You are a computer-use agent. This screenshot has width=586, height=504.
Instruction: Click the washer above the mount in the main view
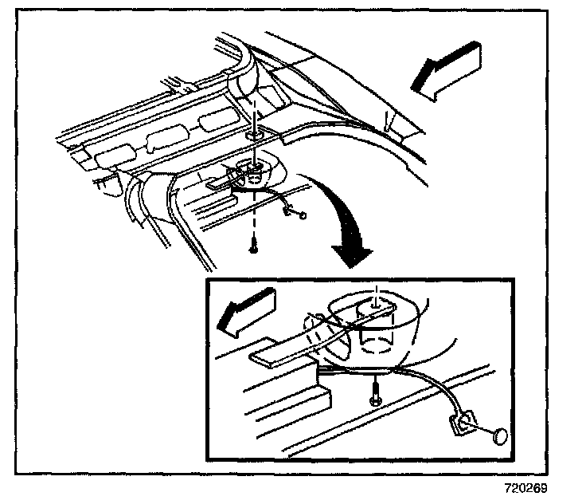tap(252, 136)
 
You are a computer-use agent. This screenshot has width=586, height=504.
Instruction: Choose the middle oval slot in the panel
tap(165, 139)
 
